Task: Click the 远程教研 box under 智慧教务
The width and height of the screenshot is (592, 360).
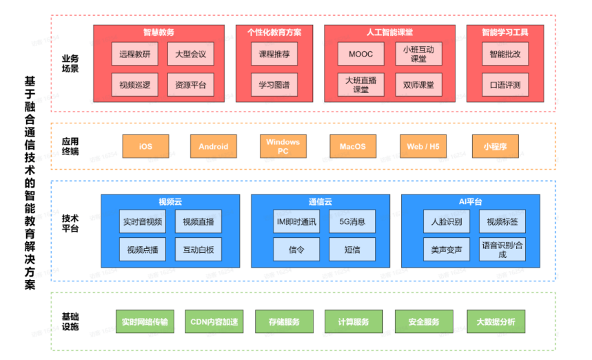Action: [x=134, y=54]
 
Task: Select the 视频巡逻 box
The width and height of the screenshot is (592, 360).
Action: [x=134, y=86]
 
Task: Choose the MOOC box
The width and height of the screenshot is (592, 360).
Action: [x=360, y=54]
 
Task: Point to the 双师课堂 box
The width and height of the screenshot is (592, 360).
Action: [x=418, y=86]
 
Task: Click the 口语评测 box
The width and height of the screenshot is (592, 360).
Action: [x=505, y=86]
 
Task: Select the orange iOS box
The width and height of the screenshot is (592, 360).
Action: [x=145, y=146]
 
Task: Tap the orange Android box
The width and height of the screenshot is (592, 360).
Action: [x=213, y=146]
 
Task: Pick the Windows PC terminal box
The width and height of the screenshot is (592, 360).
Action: [x=283, y=146]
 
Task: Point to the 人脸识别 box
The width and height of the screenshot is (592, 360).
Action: [x=446, y=222]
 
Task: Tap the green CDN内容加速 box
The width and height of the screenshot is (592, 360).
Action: [x=214, y=322]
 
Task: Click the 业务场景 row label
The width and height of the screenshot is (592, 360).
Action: [x=70, y=63]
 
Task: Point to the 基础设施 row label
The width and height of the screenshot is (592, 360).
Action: [x=70, y=321]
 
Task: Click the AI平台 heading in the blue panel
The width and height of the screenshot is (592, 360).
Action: [x=471, y=202]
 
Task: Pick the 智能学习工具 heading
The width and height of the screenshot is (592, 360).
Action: [x=505, y=32]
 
